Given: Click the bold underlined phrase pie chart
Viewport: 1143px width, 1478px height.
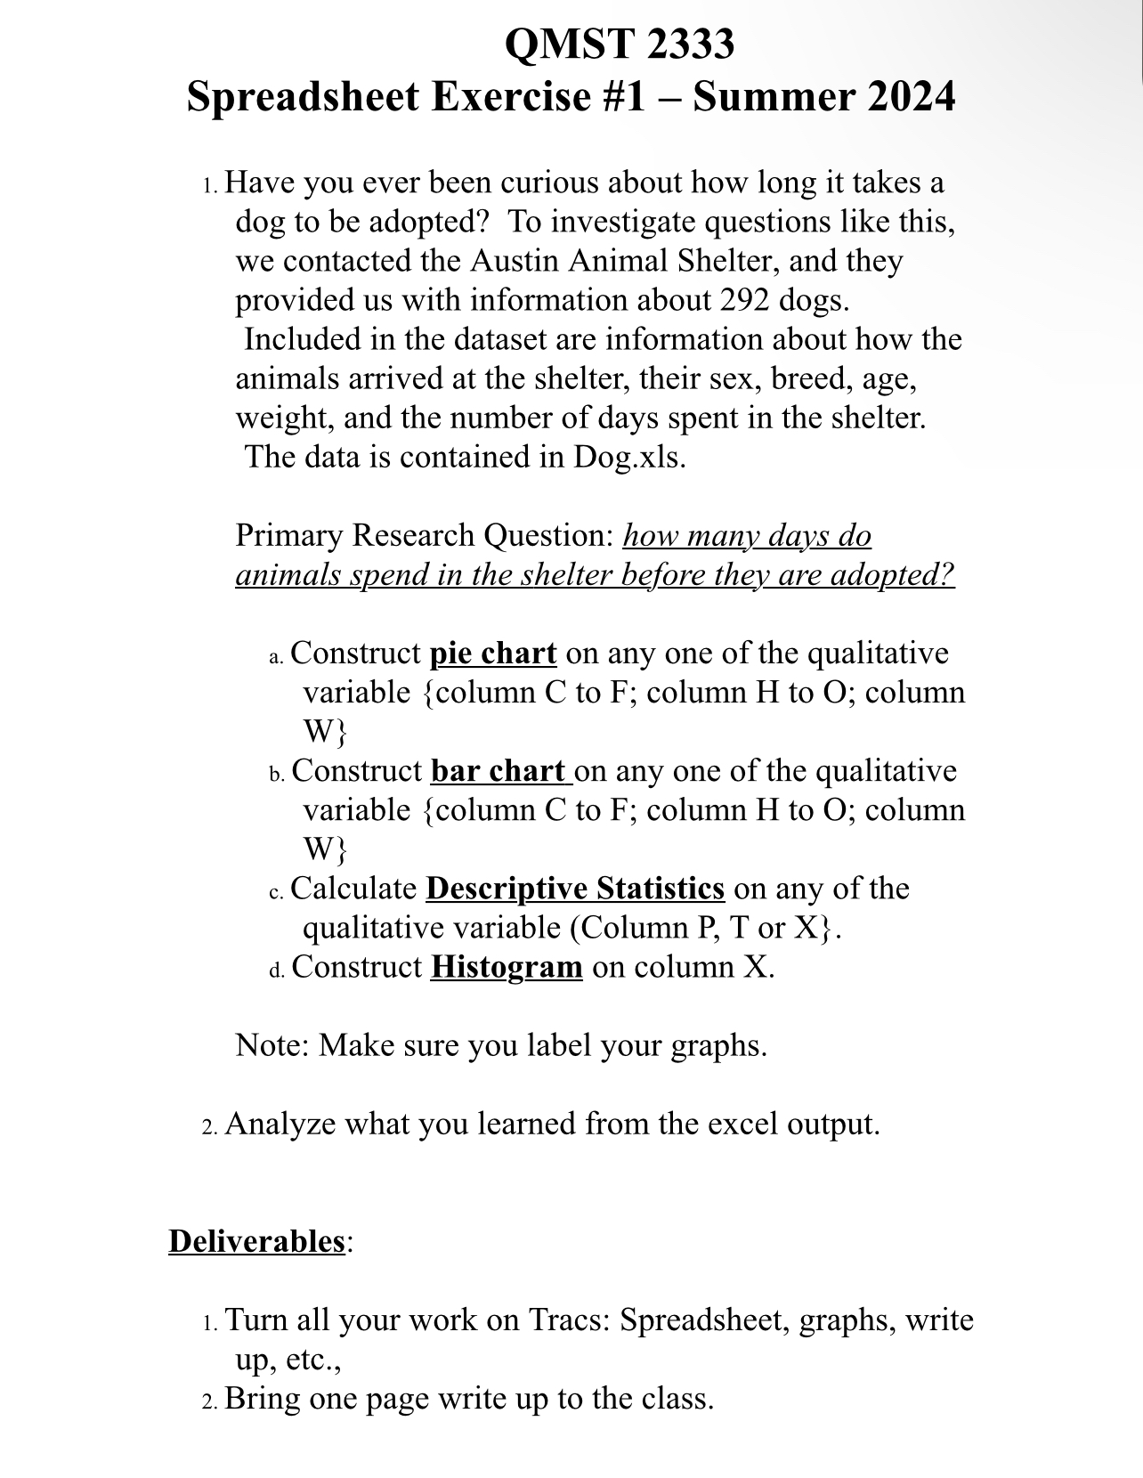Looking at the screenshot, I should (493, 654).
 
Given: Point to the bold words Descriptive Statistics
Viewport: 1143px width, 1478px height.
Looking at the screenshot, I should (575, 889).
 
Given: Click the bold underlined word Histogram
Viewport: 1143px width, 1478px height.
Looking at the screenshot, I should (506, 967).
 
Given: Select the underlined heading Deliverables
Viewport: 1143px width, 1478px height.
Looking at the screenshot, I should (256, 1241).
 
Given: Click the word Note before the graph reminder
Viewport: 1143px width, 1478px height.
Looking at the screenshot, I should (270, 1045).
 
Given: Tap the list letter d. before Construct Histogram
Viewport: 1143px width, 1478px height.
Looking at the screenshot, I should (276, 970).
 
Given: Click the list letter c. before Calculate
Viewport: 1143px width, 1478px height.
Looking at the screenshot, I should (276, 891).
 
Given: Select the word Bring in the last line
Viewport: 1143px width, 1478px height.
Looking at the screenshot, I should (263, 1398).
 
